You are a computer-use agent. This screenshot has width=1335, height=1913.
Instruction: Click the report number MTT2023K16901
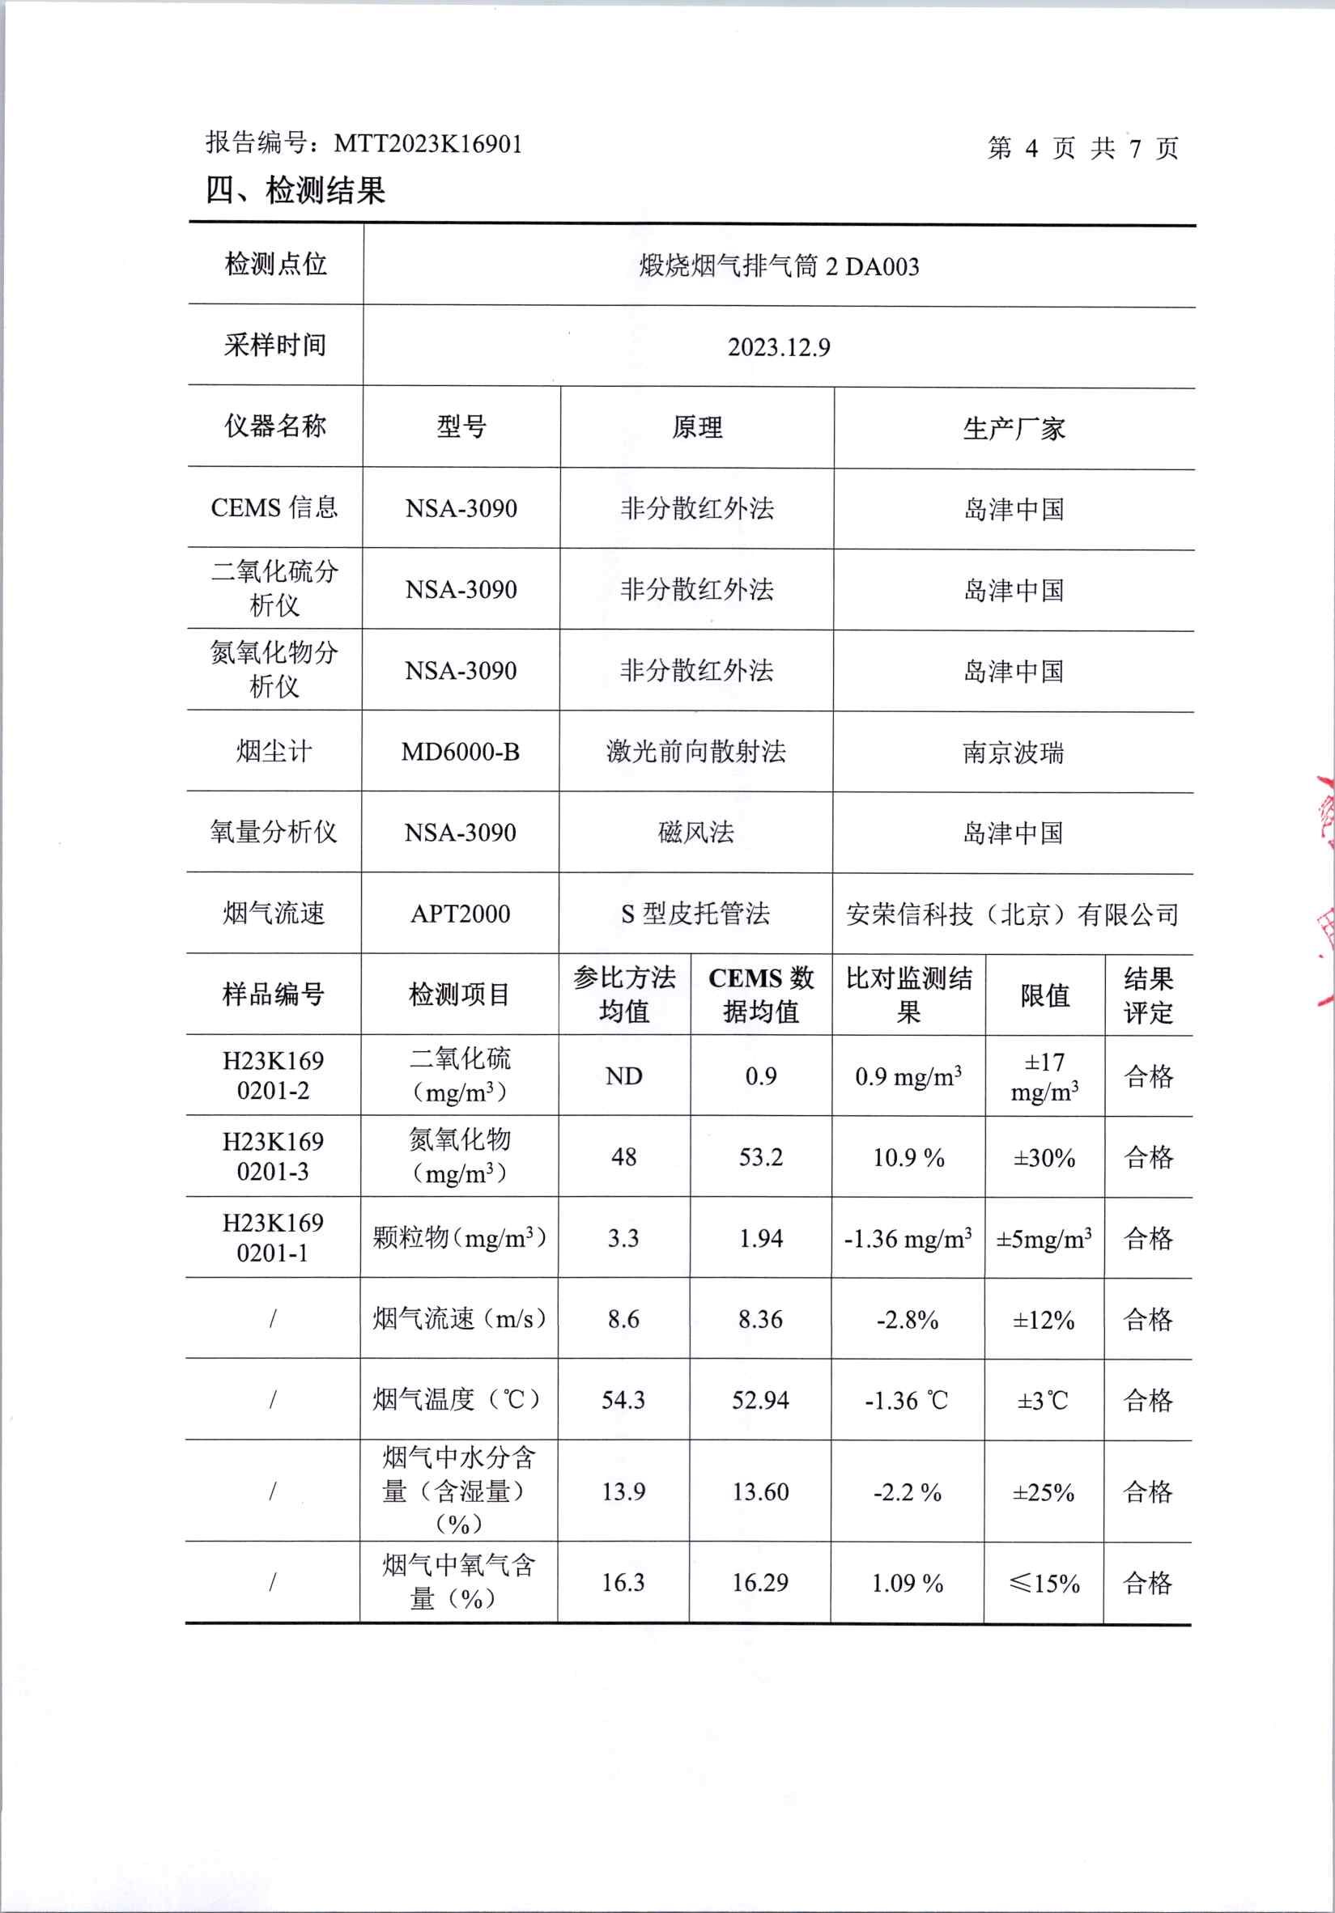click(427, 144)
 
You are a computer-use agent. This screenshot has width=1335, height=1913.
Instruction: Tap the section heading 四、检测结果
click(295, 191)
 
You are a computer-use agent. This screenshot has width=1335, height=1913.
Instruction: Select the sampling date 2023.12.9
click(778, 347)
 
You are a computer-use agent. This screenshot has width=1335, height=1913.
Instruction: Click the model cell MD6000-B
click(460, 752)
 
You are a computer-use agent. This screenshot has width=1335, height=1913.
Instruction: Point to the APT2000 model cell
click(460, 914)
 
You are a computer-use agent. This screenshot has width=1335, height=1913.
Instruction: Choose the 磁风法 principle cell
click(695, 833)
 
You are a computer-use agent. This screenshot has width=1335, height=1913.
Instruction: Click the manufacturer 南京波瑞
click(1014, 753)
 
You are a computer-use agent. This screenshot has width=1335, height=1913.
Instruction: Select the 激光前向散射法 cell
click(695, 752)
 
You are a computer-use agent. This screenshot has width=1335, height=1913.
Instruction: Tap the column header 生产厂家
click(1014, 429)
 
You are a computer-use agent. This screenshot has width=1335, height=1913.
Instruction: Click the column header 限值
click(1045, 995)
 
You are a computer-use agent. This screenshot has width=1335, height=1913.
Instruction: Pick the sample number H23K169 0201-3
click(273, 1156)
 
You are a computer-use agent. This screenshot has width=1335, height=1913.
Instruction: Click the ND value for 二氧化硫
click(623, 1076)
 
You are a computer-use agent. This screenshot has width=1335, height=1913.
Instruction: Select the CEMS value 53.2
click(761, 1157)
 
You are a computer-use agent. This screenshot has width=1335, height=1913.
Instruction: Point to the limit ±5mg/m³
click(1044, 1239)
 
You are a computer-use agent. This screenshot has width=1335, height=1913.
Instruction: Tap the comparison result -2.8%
click(908, 1320)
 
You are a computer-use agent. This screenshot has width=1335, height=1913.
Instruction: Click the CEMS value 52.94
click(760, 1401)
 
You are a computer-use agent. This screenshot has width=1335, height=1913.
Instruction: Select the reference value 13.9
click(623, 1491)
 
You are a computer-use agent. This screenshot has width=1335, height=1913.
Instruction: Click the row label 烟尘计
click(274, 752)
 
